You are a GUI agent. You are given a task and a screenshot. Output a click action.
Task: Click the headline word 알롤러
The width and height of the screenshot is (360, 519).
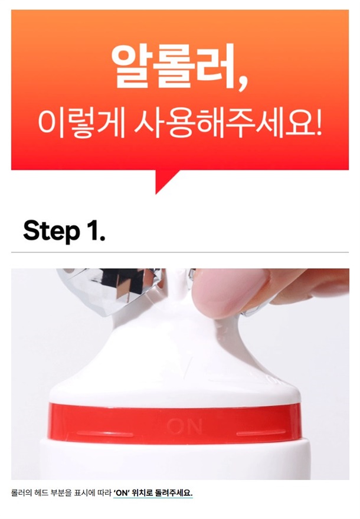point(172,66)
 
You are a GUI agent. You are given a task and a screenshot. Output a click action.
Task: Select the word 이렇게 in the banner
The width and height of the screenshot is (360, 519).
point(81,124)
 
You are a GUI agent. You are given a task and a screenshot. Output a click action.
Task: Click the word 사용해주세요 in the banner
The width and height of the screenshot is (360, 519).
point(222,124)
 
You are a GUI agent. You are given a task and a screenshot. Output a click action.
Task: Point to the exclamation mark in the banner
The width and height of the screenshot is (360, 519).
point(319,123)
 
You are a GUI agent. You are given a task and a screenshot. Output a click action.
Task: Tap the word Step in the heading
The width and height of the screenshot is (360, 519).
point(52,231)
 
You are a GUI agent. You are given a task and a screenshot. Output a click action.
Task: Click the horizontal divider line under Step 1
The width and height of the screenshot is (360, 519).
point(180,252)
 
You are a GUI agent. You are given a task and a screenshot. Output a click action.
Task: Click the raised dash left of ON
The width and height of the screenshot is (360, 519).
point(104,433)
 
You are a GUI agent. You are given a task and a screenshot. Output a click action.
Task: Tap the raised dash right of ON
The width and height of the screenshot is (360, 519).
point(261,433)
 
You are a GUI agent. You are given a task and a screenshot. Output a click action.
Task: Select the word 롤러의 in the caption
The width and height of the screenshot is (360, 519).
point(22,493)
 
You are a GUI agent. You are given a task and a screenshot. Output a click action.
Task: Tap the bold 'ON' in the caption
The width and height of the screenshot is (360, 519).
point(121,493)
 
